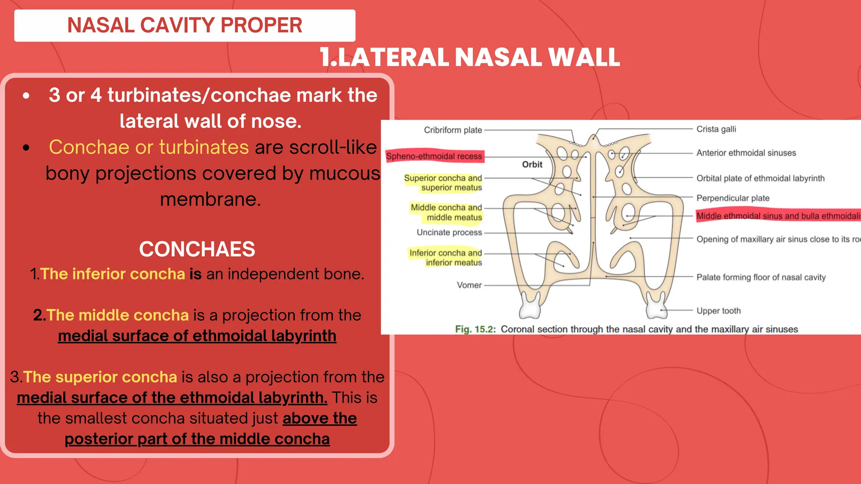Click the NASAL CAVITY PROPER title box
185,25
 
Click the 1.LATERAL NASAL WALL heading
470,57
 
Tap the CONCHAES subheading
197,249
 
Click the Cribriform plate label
453,130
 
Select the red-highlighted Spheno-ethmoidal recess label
434,156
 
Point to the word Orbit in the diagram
532,165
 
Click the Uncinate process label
449,232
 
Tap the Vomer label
469,285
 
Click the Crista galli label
716,129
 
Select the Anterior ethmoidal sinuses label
746,153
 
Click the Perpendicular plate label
733,198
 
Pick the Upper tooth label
718,311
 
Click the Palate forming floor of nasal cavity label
761,277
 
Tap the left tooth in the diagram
530,306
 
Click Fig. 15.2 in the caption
475,329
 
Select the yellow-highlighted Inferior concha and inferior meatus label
446,258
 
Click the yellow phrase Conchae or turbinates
149,147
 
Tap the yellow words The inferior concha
113,274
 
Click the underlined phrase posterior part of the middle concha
197,439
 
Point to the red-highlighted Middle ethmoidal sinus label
778,216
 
